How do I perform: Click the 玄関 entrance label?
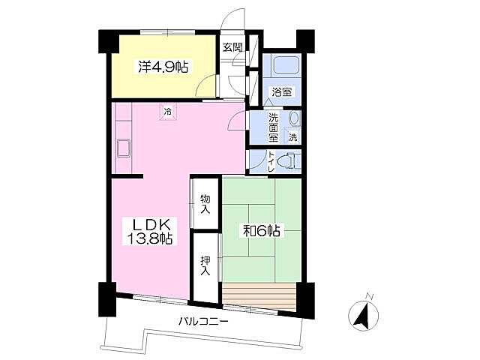[232, 47]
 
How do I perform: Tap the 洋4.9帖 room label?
[163, 67]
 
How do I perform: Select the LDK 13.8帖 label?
[149, 231]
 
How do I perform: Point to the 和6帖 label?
[262, 230]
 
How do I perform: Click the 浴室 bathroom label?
[281, 91]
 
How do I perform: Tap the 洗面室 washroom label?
[273, 127]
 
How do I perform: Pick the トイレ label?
[271, 161]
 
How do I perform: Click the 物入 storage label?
[205, 204]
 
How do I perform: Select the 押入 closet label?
[205, 265]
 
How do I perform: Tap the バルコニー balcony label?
[203, 322]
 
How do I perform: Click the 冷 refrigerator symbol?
[167, 112]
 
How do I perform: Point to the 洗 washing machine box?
[293, 136]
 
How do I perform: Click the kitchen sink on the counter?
[123, 148]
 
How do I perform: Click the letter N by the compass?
[370, 296]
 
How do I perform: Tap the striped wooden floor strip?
[259, 297]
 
